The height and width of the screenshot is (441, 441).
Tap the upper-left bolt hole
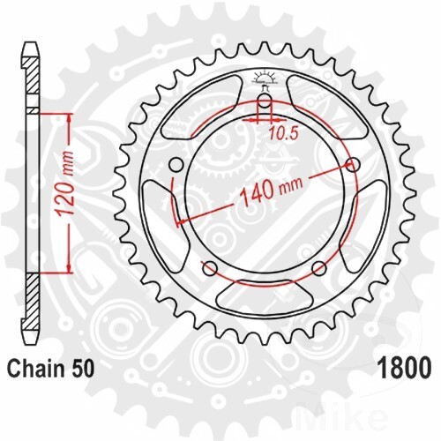174,164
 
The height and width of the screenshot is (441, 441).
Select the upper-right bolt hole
355,165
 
